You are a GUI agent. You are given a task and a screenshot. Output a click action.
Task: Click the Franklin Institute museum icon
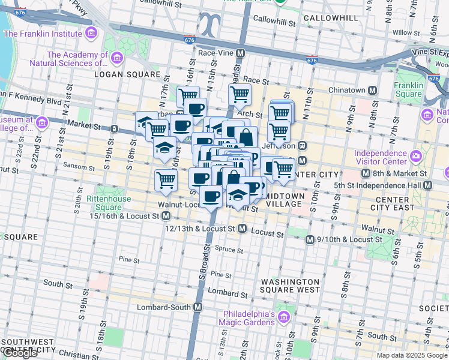pyautogui.click(x=91, y=32)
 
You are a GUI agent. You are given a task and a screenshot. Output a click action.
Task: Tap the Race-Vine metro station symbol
pyautogui.click(x=241, y=53)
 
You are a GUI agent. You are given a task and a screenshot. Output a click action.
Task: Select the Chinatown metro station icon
pyautogui.click(x=372, y=91)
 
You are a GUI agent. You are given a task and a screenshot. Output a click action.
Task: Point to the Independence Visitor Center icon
pyautogui.click(x=416, y=157)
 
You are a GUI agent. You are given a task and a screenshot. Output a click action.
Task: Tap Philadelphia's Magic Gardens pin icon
pyautogui.click(x=285, y=315)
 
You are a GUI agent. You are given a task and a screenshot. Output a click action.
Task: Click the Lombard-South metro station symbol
pyautogui.click(x=199, y=307)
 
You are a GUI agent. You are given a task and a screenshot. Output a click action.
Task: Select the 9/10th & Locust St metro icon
pyautogui.click(x=310, y=239)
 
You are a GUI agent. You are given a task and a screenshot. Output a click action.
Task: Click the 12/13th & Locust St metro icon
pyautogui.click(x=242, y=229)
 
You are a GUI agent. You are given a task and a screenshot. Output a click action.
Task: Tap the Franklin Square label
pyautogui.click(x=408, y=89)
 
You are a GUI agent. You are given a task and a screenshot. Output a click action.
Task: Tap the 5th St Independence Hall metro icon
pyautogui.click(x=427, y=184)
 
